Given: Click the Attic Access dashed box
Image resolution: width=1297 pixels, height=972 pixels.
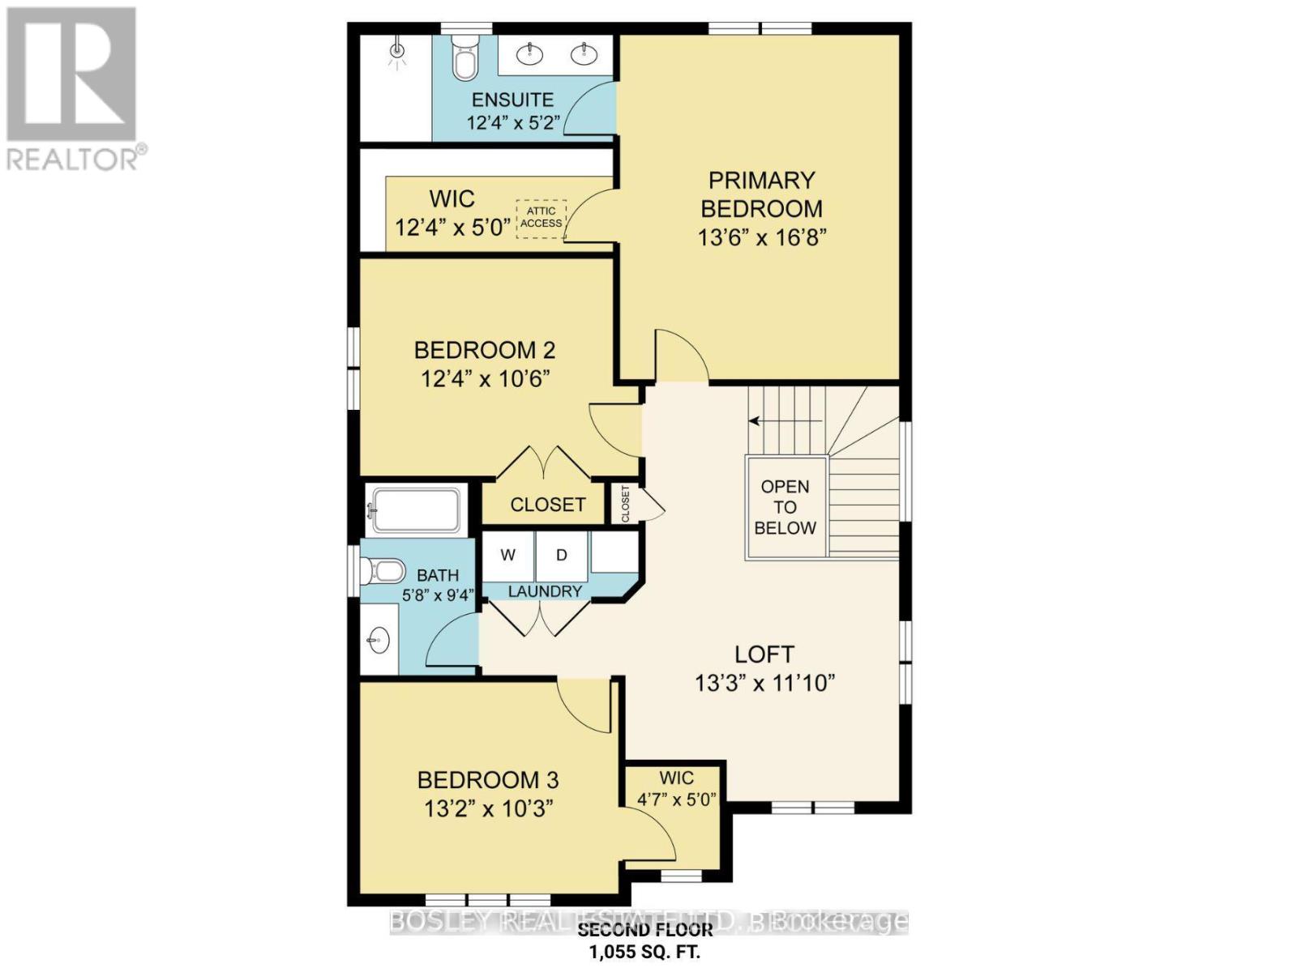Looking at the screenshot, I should (x=541, y=217).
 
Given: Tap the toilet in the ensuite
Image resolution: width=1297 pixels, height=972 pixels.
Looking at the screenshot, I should (x=464, y=59).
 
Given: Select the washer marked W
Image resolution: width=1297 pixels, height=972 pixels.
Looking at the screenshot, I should (x=508, y=555).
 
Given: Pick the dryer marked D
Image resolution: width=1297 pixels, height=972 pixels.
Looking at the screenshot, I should (x=561, y=555).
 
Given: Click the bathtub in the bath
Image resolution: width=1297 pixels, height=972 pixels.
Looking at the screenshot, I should (x=414, y=510).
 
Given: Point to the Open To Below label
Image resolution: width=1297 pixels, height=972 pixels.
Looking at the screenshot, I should (x=785, y=507).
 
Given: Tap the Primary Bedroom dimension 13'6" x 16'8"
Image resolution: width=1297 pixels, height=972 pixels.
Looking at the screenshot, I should (x=761, y=238).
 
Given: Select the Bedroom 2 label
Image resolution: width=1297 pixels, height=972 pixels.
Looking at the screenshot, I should (x=484, y=350).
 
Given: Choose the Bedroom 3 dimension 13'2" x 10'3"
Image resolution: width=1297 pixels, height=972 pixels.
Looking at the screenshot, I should (x=488, y=808).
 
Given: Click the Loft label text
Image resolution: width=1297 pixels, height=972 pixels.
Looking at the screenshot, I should (x=764, y=654).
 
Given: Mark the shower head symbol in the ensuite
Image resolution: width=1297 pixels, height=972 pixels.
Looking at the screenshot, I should (x=396, y=52).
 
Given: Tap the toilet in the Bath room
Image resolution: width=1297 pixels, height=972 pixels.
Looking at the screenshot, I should (x=385, y=572).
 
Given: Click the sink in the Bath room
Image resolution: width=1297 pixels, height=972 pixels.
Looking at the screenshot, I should (x=378, y=641).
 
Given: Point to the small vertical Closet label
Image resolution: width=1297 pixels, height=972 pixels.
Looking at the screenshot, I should (x=625, y=504).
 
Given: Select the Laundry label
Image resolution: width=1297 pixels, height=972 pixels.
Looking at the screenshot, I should (x=545, y=592).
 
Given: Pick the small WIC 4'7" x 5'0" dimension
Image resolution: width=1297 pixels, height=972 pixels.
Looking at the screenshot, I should (x=676, y=799).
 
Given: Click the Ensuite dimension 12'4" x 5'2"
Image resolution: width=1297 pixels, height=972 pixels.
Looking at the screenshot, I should (x=514, y=123).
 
